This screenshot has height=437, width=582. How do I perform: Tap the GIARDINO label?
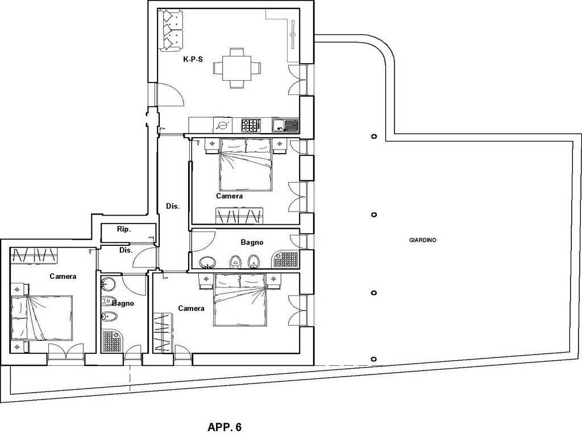pyautogui.click(x=422, y=240)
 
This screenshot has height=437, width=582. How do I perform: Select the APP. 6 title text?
pyautogui.click(x=225, y=427)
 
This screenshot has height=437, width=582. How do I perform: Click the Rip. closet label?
pyautogui.click(x=123, y=230)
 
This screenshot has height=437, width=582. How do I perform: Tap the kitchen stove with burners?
pyautogui.click(x=251, y=125)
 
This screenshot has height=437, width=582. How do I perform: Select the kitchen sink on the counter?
pyautogui.click(x=285, y=126)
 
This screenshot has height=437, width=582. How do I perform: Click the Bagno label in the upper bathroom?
pyautogui.click(x=252, y=242)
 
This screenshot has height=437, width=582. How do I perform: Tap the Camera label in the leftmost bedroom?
pyautogui.click(x=63, y=277)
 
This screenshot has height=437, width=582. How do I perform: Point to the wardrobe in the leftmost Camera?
pyautogui.click(x=34, y=254)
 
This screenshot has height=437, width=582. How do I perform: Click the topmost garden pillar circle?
pyautogui.click(x=373, y=137)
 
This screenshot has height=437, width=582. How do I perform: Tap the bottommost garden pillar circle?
pyautogui.click(x=373, y=358)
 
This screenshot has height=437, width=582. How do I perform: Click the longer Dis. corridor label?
pyautogui.click(x=173, y=206)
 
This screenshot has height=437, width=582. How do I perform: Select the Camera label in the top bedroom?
pyautogui.click(x=229, y=196)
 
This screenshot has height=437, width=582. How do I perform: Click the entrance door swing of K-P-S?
pyautogui.click(x=171, y=94)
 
